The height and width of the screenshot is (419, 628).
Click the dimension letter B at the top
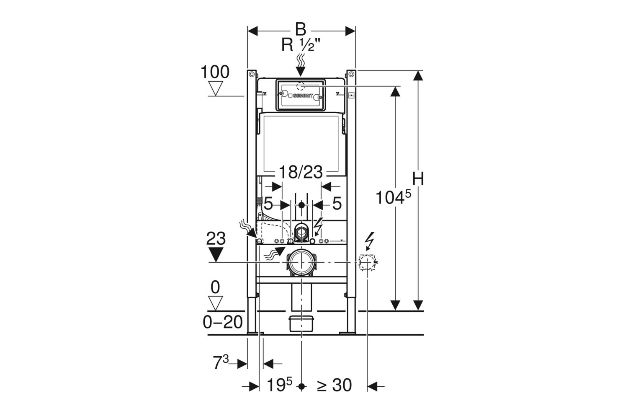(x=301, y=29)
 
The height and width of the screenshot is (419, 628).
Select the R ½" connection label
(x=300, y=44)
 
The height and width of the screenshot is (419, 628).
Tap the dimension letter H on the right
(x=418, y=179)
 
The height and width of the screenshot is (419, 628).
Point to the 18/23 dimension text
(x=301, y=172)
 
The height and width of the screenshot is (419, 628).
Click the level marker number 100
(x=215, y=72)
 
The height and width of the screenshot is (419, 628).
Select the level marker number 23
(x=216, y=239)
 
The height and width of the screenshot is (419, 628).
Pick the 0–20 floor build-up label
(x=223, y=322)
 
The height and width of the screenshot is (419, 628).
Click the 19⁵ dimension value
(x=280, y=385)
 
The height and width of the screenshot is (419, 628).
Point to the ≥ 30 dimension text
(x=334, y=385)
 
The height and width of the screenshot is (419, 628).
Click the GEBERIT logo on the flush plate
(x=301, y=96)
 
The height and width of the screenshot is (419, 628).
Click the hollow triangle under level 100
(x=216, y=88)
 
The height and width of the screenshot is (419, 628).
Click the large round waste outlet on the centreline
(x=301, y=262)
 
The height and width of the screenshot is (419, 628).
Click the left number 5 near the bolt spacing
(x=268, y=204)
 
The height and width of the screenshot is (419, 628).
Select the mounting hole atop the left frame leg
(x=251, y=75)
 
